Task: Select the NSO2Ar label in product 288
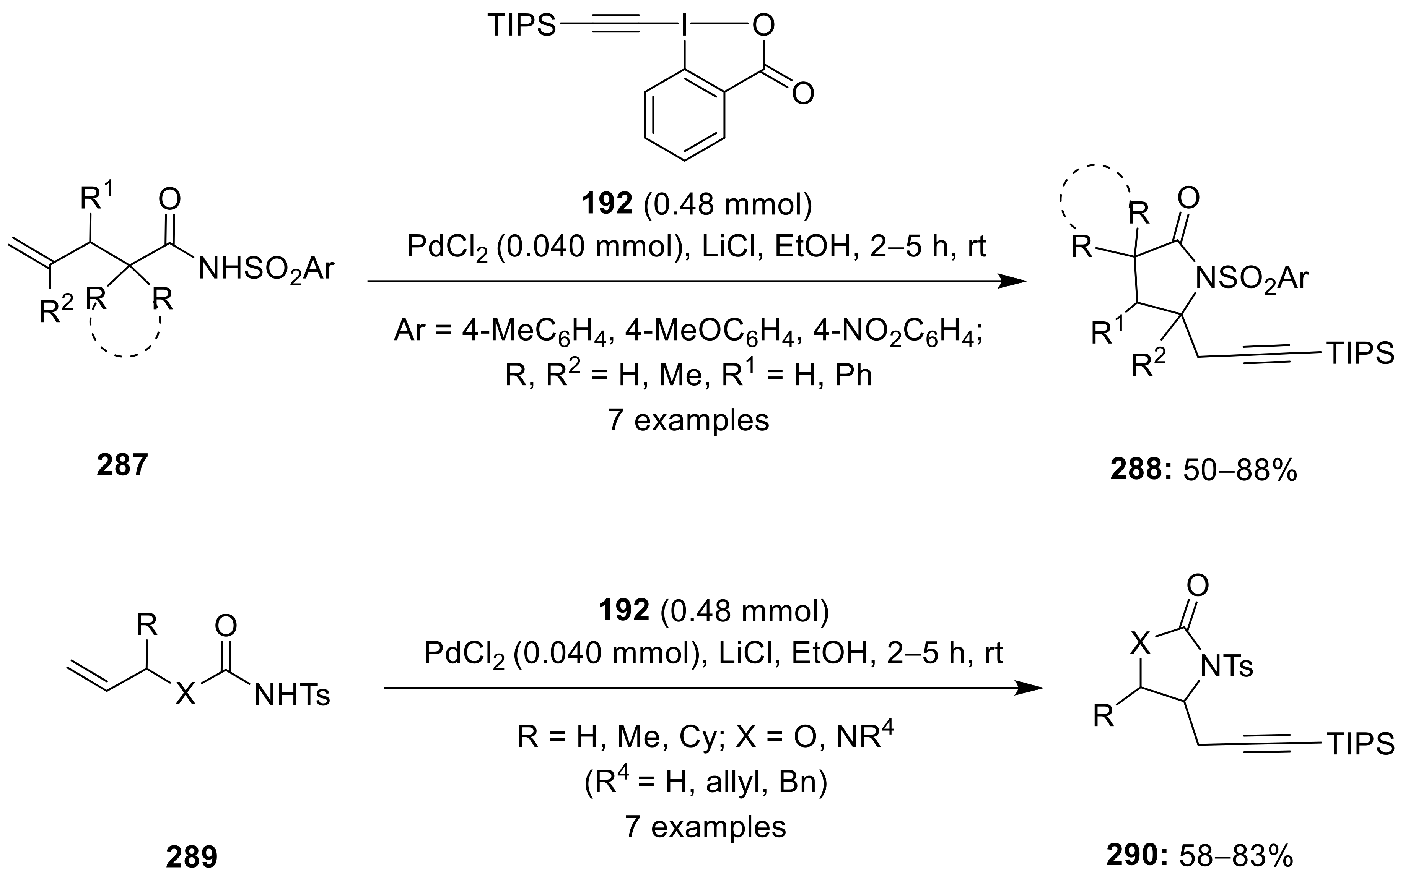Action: click(1251, 279)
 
